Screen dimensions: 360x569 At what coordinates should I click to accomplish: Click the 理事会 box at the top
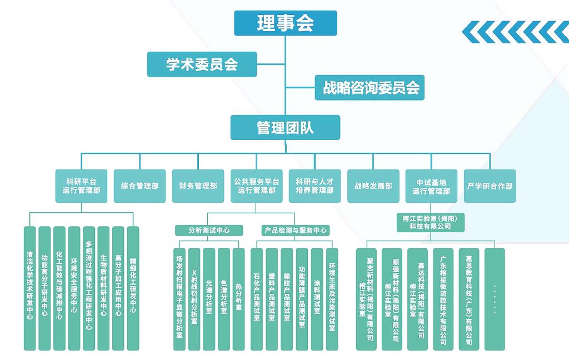285,23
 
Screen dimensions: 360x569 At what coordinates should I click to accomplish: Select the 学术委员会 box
202,64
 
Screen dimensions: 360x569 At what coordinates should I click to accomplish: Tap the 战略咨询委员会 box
370,88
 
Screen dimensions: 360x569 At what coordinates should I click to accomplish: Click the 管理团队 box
285,127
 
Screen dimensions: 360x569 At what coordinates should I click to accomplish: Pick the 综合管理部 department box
139,186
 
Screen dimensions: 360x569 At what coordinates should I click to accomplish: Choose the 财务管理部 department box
198,186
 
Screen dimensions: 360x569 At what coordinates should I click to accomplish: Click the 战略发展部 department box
373,186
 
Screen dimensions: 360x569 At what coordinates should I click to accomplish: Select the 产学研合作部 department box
490,186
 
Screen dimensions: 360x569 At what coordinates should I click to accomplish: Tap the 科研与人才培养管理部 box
315,186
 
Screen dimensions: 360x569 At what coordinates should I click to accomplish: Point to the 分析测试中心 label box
208,230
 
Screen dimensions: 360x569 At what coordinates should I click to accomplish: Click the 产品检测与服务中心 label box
295,230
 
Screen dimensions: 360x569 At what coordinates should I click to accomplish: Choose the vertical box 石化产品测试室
257,299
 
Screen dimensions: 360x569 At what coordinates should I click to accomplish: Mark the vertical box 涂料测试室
317,299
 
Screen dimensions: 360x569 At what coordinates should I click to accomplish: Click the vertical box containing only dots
495,299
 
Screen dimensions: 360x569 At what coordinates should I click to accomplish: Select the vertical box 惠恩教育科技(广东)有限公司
469,299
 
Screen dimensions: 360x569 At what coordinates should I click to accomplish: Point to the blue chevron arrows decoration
515,32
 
